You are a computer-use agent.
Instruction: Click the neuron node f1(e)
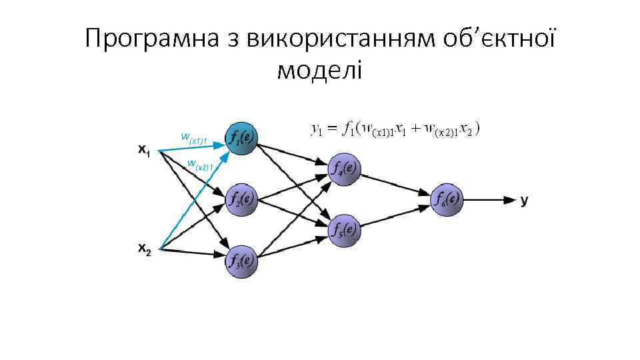[x=241, y=139]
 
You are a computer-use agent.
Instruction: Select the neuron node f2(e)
[x=241, y=199]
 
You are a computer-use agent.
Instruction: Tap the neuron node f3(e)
[x=241, y=259]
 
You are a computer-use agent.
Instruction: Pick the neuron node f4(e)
[x=345, y=168]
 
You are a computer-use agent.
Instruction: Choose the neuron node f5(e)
[x=345, y=229]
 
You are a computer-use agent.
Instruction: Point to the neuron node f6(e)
[x=447, y=199]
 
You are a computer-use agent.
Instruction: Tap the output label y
[x=525, y=199]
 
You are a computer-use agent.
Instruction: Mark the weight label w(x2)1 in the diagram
[x=200, y=164]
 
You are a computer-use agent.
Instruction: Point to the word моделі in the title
[x=319, y=69]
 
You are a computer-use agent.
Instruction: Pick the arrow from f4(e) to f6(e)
[x=397, y=183]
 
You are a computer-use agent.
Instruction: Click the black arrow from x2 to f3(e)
[x=193, y=253]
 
